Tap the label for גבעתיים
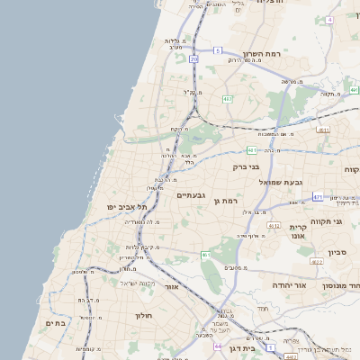coord(192,195)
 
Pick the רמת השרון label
coord(263,54)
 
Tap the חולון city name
coord(146,316)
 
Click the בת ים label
coord(56,322)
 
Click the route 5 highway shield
coord(218,50)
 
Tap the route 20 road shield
coord(193,58)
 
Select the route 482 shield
coord(228,99)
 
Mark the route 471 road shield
coord(318,196)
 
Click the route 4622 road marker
coord(317,262)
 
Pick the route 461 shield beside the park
coord(205,255)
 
